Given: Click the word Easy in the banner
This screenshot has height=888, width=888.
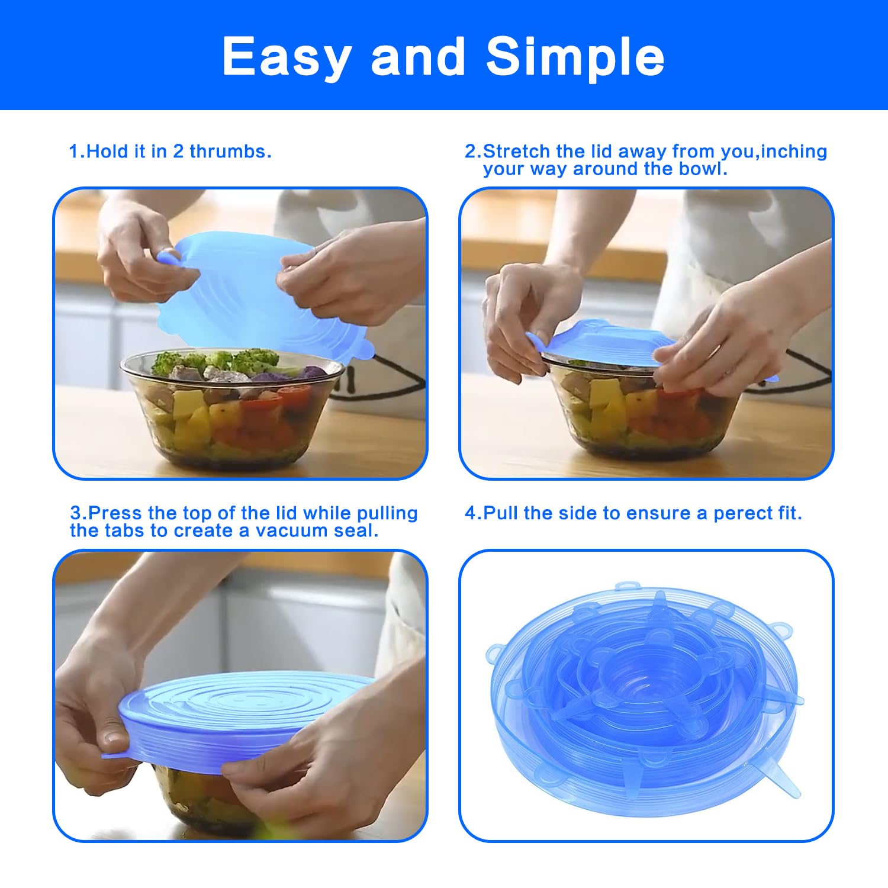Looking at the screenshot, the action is (x=286, y=57).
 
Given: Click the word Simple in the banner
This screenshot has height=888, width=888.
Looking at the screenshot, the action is (x=575, y=57).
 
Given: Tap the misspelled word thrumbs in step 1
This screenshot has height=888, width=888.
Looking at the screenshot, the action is (x=230, y=152).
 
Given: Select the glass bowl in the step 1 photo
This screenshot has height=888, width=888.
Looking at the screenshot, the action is (x=232, y=408).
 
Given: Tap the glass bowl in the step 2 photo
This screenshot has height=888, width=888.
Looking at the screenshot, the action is (x=642, y=408).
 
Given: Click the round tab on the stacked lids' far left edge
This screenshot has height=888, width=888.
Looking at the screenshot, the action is (x=494, y=654).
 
